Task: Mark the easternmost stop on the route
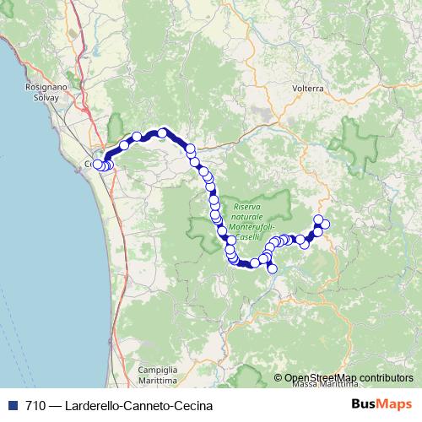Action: coord(325,224)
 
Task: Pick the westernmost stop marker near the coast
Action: coord(98,165)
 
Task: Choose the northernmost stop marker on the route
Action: coord(162,133)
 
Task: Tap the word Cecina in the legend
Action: coord(186,405)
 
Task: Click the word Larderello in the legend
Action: coord(87,405)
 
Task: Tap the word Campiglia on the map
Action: coord(158,370)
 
